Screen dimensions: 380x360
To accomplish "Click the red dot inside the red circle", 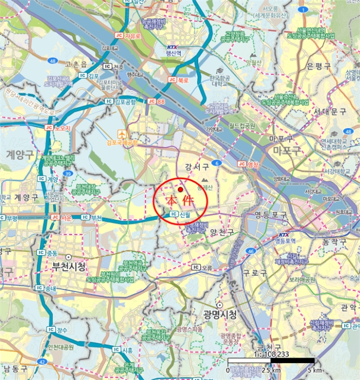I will (x=180, y=189).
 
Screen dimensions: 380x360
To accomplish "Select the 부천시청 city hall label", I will (x=65, y=267).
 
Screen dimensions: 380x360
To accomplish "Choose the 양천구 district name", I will (x=222, y=232).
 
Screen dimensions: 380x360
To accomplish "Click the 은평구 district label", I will (x=318, y=66).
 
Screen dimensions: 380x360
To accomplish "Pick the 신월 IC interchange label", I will (x=180, y=214).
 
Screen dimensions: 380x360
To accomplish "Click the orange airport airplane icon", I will (x=123, y=132).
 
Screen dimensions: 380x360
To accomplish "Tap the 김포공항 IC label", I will (x=125, y=101).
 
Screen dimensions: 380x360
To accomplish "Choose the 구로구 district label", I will (x=255, y=273).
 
